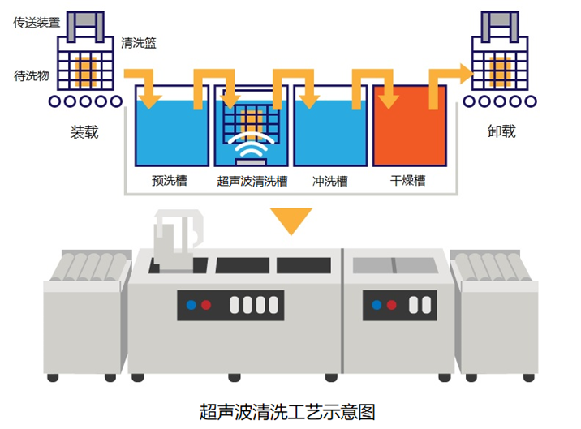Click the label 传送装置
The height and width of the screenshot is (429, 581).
37,23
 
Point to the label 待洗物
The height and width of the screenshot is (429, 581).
32,76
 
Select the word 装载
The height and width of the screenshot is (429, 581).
84,131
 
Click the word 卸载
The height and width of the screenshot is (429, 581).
501,131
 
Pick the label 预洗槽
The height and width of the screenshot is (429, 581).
170,181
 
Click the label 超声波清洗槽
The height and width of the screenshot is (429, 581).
252,181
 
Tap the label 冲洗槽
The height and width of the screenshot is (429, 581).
330,181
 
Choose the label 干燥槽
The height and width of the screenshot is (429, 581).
408,181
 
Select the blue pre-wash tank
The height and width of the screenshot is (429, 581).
170,134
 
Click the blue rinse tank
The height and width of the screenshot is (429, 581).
330,134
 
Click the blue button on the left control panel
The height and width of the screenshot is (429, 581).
191,306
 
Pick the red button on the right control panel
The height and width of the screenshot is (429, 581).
392,306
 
